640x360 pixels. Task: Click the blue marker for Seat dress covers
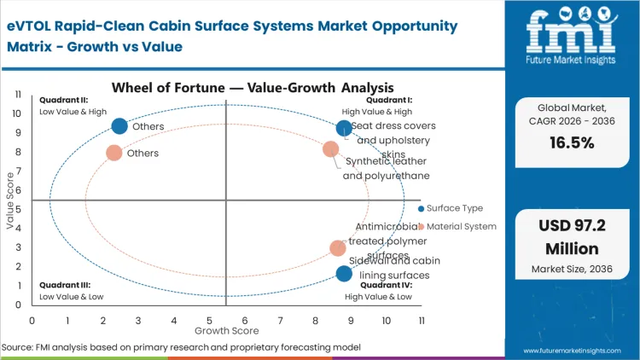coord(344,129)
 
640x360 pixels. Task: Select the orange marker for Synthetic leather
coord(331,149)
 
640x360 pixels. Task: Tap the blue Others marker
coord(119,126)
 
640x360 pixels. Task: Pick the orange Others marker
coord(113,154)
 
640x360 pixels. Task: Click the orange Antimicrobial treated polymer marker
coord(338,248)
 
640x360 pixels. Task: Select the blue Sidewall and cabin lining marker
coord(344,274)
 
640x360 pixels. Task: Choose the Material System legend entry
coord(459,227)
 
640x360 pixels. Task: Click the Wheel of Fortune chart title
coord(252,87)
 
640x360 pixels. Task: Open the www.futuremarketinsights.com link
coord(571,350)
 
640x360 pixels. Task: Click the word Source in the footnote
coord(17,347)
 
